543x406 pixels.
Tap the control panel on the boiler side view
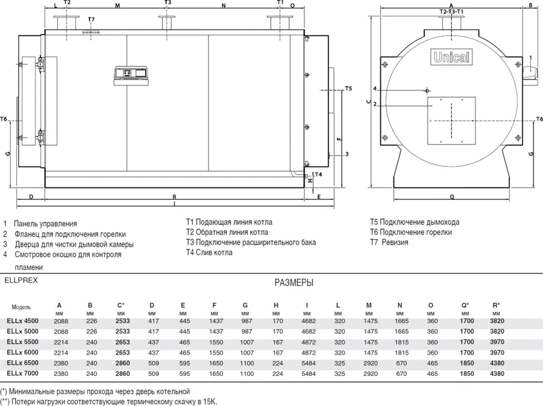pos(132,75)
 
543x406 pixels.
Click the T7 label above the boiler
pos(91,19)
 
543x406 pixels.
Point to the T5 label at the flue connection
pos(348,89)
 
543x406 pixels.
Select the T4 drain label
pos(318,174)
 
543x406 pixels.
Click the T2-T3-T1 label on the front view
pos(451,12)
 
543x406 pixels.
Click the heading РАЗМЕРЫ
pos(294,283)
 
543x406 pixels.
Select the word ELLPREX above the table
pos(21,281)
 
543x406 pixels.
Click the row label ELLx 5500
pos(22,342)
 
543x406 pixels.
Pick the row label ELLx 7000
pos(22,373)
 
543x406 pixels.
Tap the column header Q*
pos(465,305)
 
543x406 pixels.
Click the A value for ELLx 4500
pos(61,321)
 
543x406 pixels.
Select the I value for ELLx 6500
pos(308,363)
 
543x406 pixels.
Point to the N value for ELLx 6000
pos(401,353)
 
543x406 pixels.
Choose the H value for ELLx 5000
pos(278,332)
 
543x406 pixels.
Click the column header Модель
pos(21,307)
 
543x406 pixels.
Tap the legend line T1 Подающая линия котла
pos(229,222)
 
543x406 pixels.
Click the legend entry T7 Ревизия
pos(389,242)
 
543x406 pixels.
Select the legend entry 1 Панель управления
pos(40,223)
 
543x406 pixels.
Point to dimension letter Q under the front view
pos(452,197)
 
